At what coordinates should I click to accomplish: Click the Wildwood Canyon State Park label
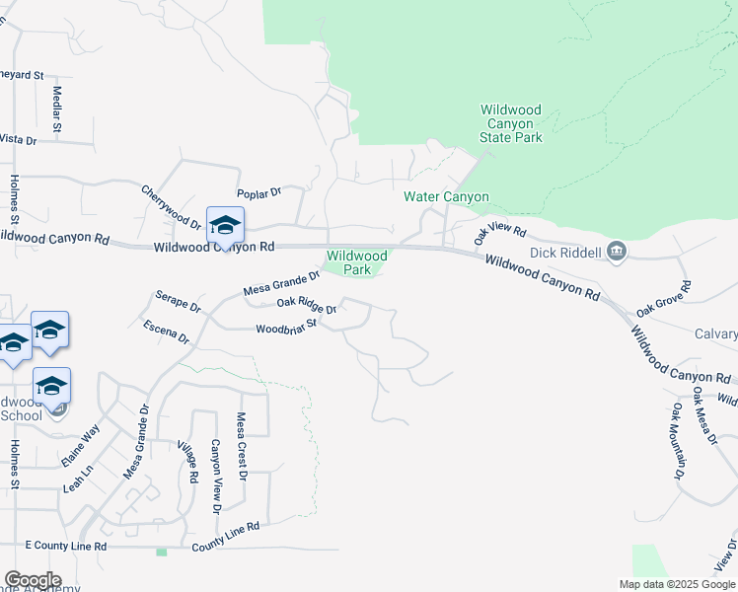[511, 123]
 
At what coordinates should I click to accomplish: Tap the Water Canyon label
[446, 196]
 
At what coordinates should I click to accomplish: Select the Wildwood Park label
[356, 262]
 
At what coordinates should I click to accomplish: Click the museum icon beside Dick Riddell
[618, 251]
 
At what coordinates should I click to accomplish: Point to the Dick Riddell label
[565, 253]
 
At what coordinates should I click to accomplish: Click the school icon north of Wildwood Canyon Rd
[225, 226]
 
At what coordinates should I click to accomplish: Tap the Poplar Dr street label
[259, 193]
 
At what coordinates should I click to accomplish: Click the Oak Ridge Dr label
[307, 306]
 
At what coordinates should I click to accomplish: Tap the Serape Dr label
[178, 301]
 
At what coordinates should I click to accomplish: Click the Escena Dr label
[166, 332]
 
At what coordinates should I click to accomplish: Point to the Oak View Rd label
[500, 234]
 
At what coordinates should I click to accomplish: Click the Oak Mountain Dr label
[679, 440]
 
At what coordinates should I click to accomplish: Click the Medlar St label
[56, 110]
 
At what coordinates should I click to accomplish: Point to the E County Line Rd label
[65, 545]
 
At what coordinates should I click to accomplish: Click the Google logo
[33, 580]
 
